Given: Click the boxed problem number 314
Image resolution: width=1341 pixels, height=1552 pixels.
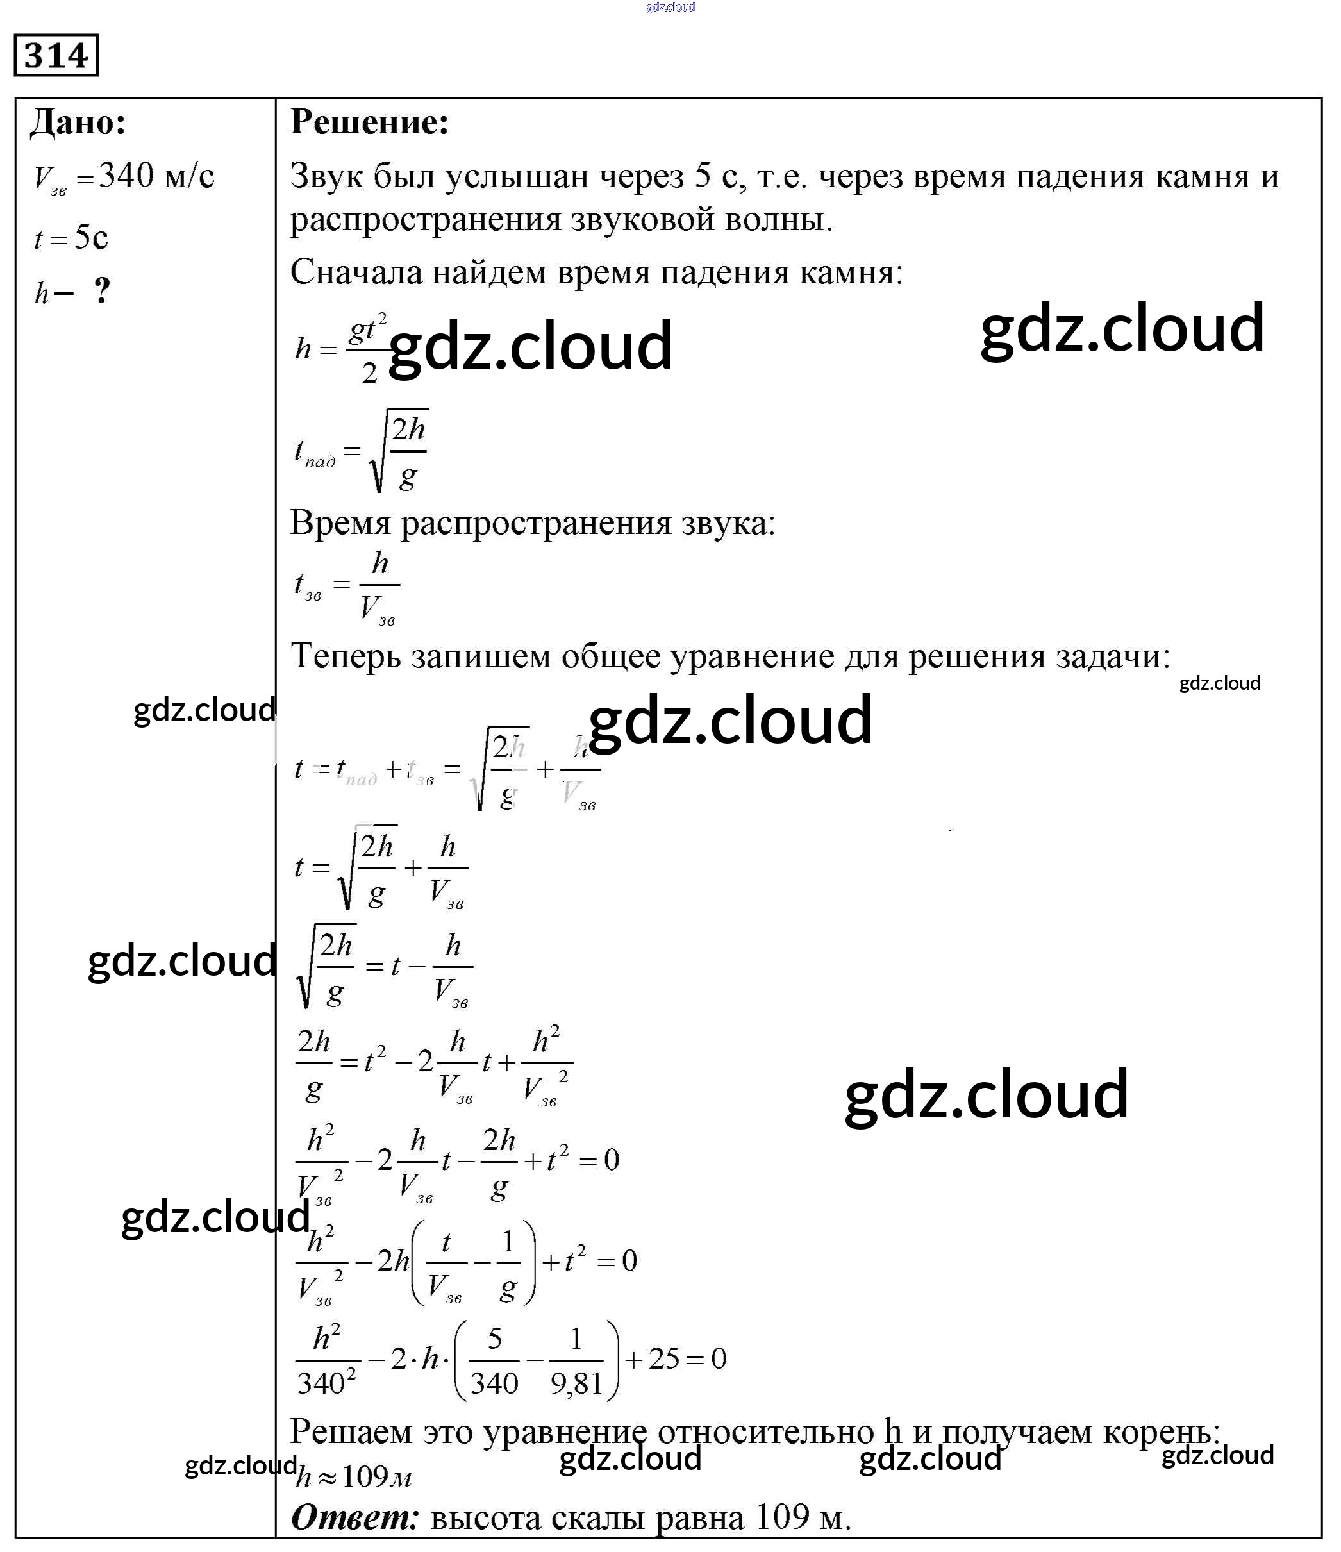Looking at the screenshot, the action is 56,55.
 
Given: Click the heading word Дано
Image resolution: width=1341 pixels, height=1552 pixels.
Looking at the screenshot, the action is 78,122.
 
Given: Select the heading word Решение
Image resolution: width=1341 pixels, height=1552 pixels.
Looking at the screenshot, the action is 369,122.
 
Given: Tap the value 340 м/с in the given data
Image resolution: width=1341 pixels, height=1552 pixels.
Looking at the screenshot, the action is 156,177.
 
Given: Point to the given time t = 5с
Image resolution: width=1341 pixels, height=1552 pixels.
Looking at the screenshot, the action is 71,238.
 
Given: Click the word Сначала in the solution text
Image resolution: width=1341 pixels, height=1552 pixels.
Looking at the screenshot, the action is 355,272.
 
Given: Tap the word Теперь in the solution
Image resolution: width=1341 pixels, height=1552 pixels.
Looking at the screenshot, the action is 346,657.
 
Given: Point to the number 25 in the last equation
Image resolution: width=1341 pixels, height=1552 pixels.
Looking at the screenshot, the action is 663,1358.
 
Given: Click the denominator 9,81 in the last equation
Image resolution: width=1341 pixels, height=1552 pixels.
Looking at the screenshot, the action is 576,1383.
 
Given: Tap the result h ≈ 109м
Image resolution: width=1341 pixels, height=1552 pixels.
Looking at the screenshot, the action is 354,1476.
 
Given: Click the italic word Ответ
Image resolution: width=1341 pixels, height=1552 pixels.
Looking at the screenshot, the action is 354,1517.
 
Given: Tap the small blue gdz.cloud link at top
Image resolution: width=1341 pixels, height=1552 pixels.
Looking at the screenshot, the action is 670,7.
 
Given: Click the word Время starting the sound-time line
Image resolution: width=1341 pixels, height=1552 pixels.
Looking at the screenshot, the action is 340,523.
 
